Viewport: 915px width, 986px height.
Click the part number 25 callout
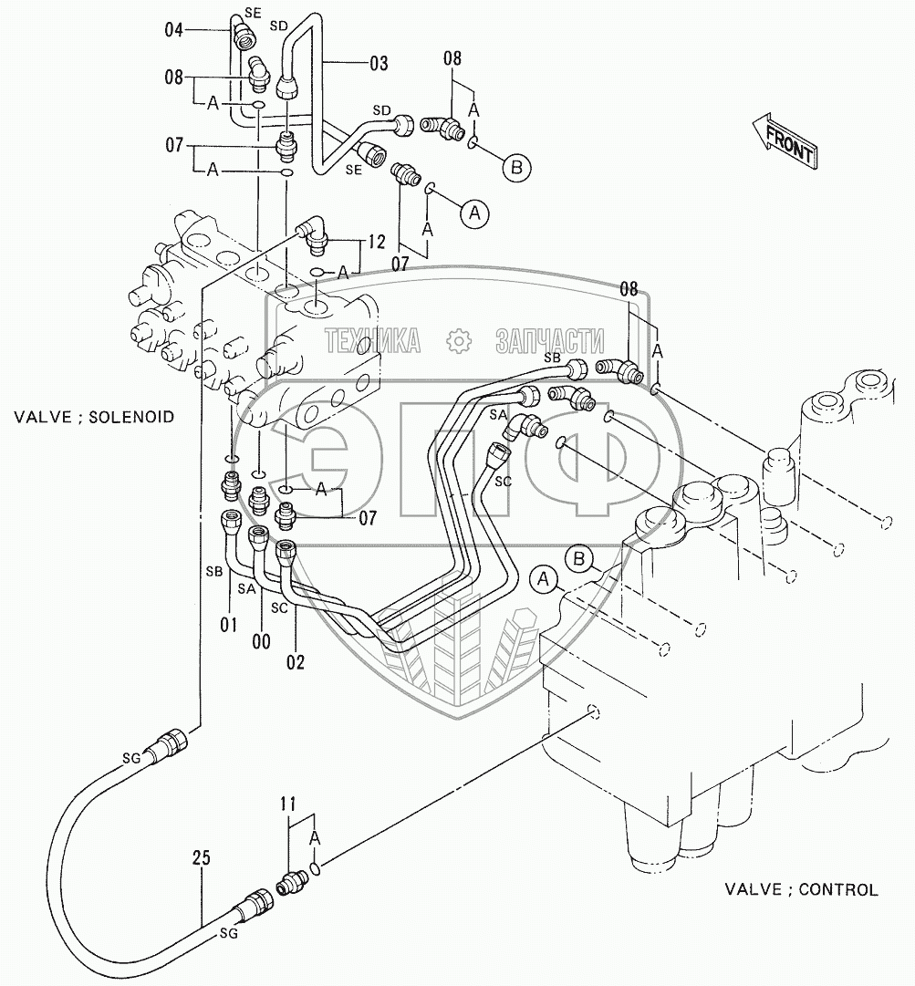[201, 857]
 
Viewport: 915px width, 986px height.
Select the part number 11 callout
[288, 804]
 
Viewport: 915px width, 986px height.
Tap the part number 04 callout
[174, 30]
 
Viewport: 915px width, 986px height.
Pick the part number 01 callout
[227, 625]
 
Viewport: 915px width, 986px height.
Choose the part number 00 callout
[261, 641]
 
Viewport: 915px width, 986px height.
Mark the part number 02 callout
[296, 661]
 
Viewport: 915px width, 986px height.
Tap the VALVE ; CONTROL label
[801, 889]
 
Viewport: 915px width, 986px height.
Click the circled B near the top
[516, 167]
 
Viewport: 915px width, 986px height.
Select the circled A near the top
[473, 213]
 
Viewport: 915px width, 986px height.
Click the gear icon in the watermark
[459, 341]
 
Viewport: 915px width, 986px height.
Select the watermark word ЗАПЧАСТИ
[550, 342]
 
